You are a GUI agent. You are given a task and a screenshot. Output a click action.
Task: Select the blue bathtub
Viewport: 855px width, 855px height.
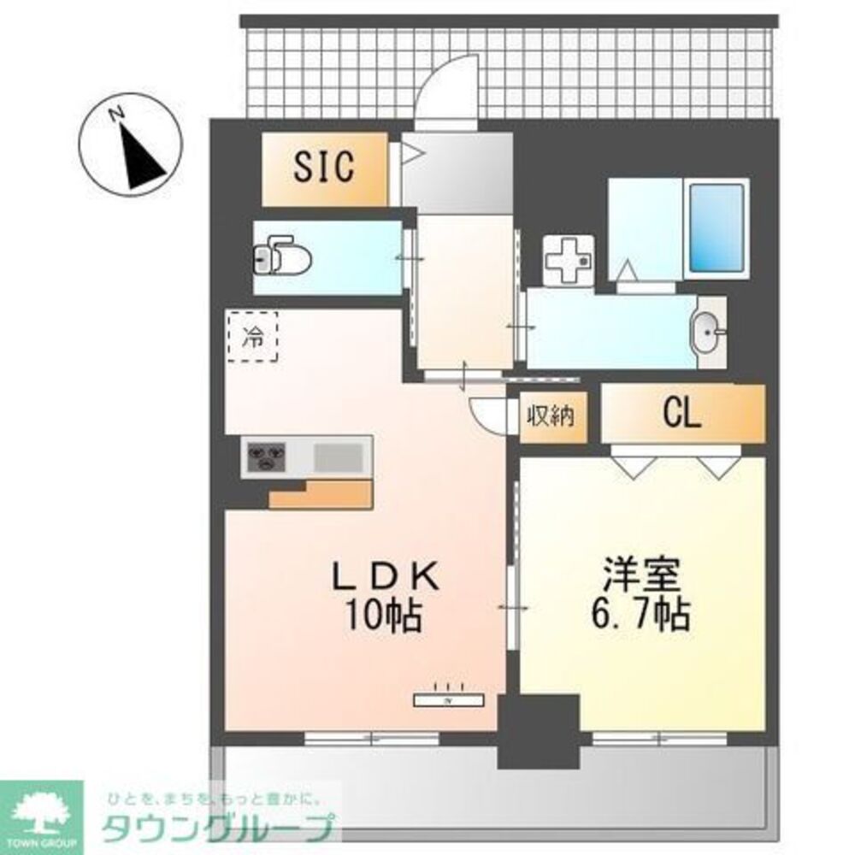(x=716, y=227)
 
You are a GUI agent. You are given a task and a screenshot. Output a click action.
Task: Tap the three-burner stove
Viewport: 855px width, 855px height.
(x=267, y=457)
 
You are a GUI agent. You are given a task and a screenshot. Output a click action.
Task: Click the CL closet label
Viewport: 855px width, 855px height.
(x=682, y=415)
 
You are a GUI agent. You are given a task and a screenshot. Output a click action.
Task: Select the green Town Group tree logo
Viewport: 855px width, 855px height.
(x=40, y=811)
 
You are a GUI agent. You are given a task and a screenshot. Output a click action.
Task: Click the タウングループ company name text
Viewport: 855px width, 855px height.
(x=218, y=828)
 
